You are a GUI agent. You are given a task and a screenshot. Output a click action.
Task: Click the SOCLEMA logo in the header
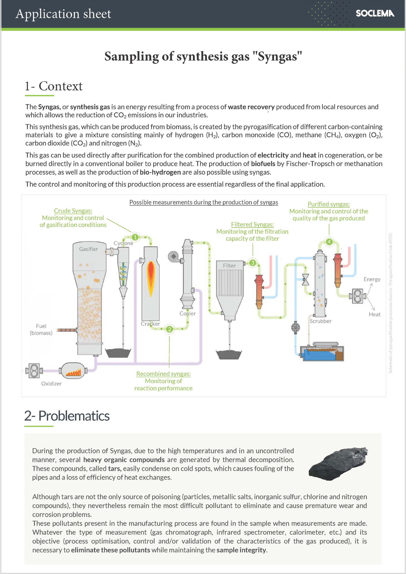coord(375,13)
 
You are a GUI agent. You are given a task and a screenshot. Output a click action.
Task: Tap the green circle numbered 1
coord(135,237)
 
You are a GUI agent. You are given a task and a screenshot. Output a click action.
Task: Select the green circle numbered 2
coord(169,329)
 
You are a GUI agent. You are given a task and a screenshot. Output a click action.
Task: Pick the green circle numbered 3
coord(253,263)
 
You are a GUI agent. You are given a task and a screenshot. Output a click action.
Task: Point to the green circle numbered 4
coord(329,242)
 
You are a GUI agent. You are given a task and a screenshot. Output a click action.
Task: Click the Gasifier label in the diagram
coord(88,249)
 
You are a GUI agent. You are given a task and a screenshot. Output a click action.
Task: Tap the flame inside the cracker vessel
coord(151,278)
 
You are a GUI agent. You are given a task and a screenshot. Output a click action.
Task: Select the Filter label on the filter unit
coord(229,266)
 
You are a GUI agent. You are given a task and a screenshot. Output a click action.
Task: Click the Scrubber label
coord(320,321)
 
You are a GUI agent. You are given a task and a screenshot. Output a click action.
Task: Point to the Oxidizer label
coord(51,384)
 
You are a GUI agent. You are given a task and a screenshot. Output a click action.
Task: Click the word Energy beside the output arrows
coord(372,279)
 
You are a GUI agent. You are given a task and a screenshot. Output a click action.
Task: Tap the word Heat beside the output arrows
coord(374,314)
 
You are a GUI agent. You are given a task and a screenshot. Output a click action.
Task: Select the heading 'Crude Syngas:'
coord(73,211)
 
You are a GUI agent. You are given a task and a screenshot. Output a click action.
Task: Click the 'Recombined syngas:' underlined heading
coord(163,374)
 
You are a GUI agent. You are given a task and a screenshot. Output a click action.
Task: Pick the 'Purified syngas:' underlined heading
coord(329,204)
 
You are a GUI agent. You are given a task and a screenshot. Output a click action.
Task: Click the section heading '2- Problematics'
coord(67,416)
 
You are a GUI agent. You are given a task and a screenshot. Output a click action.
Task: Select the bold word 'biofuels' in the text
coord(263,164)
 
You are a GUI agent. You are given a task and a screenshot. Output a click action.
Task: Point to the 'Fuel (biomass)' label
coord(41,329)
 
